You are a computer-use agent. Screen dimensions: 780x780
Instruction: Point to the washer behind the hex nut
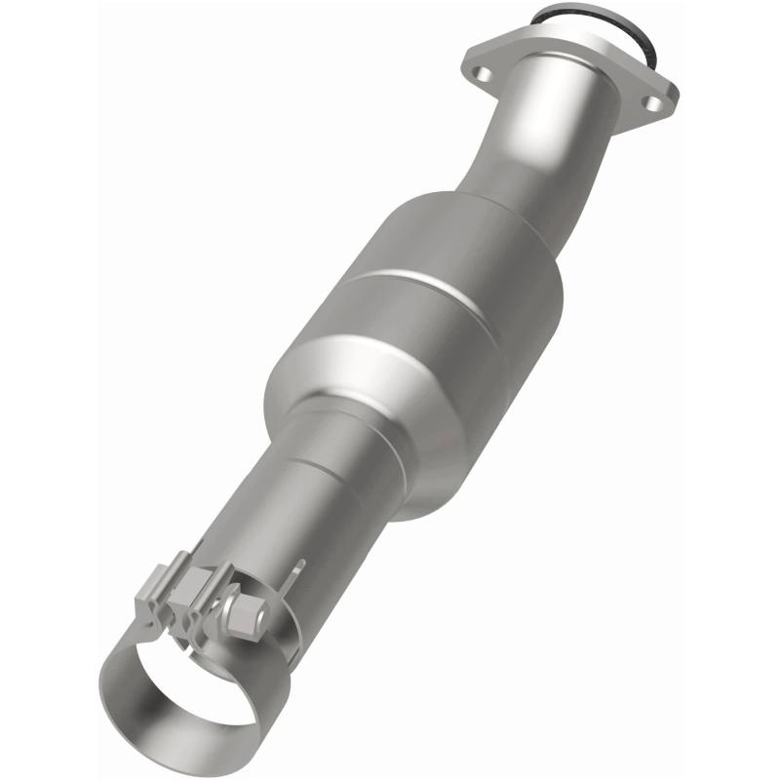pyautogui.click(x=236, y=606)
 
